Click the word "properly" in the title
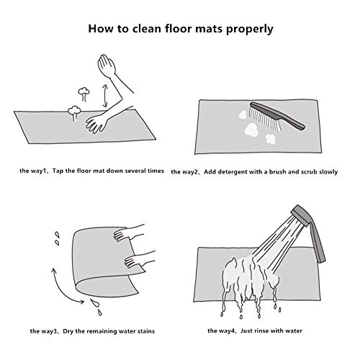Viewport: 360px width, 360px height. tap(249, 30)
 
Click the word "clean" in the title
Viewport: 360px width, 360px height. tap(147, 29)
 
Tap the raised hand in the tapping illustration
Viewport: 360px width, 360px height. tap(107, 65)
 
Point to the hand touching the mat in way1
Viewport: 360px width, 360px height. tap(96, 123)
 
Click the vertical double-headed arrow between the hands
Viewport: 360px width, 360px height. tap(104, 96)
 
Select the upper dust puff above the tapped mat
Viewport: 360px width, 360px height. tap(84, 94)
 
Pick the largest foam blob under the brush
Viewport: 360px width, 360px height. tap(251, 129)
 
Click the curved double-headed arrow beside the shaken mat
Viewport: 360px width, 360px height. tap(60, 289)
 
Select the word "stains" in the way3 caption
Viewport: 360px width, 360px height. tap(146, 331)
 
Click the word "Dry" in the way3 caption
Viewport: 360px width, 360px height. tap(68, 331)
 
